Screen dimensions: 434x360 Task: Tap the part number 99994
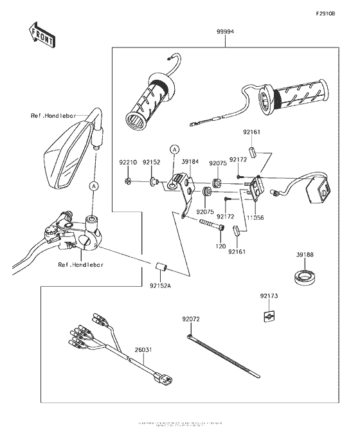pyautogui.click(x=225, y=31)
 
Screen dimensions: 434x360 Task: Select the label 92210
pyautogui.click(x=127, y=163)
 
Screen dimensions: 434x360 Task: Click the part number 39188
pyautogui.click(x=305, y=255)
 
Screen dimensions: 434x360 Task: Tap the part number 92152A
pyautogui.click(x=161, y=286)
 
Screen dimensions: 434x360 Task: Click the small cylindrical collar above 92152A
pyautogui.click(x=161, y=267)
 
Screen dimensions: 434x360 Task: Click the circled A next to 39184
pyautogui.click(x=173, y=149)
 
